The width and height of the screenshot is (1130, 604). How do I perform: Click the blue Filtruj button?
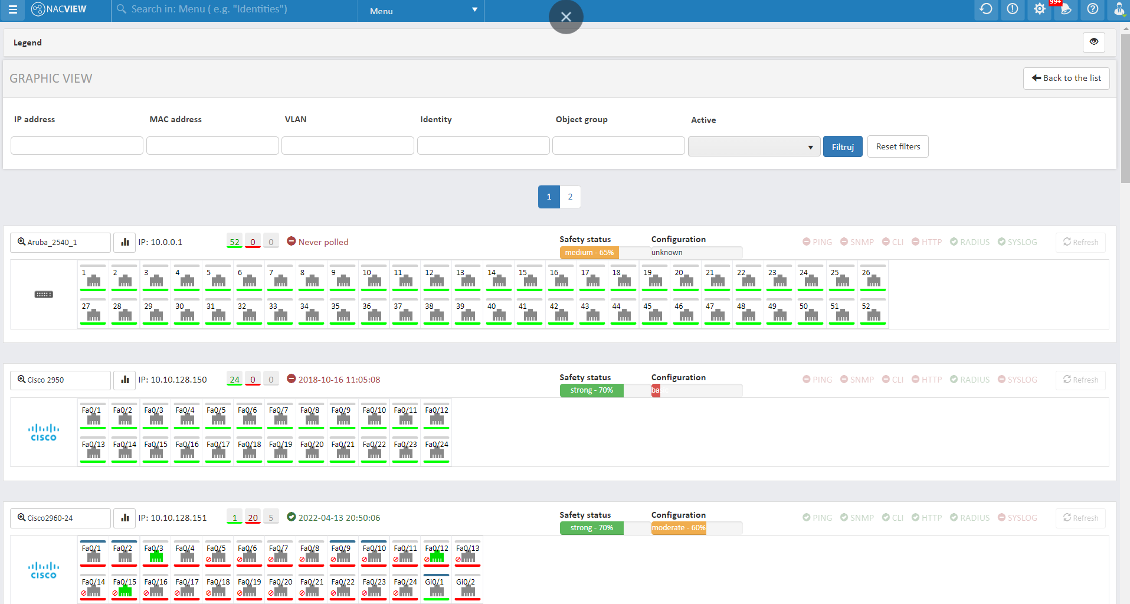842,146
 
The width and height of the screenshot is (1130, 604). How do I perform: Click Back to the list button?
1066,78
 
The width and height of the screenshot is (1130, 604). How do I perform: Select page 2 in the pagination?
570,197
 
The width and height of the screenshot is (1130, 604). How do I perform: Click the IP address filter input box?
77,145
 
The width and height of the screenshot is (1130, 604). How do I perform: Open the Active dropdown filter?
754,146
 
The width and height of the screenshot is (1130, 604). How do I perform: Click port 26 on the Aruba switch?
873,278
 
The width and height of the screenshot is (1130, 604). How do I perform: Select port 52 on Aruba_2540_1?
873,312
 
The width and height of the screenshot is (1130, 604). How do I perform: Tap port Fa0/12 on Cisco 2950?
437,416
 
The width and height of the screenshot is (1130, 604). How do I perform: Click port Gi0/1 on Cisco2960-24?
436,587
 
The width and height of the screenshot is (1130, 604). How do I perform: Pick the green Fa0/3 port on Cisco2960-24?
155,554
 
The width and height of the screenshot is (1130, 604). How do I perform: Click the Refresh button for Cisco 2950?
1080,380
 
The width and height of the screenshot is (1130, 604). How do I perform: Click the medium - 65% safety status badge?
589,253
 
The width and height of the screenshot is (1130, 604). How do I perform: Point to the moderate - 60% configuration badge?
679,528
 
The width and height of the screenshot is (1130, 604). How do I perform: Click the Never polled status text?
323,242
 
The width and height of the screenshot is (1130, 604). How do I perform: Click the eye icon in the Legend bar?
1093,42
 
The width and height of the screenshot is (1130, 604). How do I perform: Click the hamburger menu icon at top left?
12,10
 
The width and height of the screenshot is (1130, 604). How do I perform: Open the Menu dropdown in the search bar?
420,11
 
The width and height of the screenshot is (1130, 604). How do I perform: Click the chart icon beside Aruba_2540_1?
125,242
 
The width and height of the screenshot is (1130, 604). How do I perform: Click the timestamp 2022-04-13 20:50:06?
339,518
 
